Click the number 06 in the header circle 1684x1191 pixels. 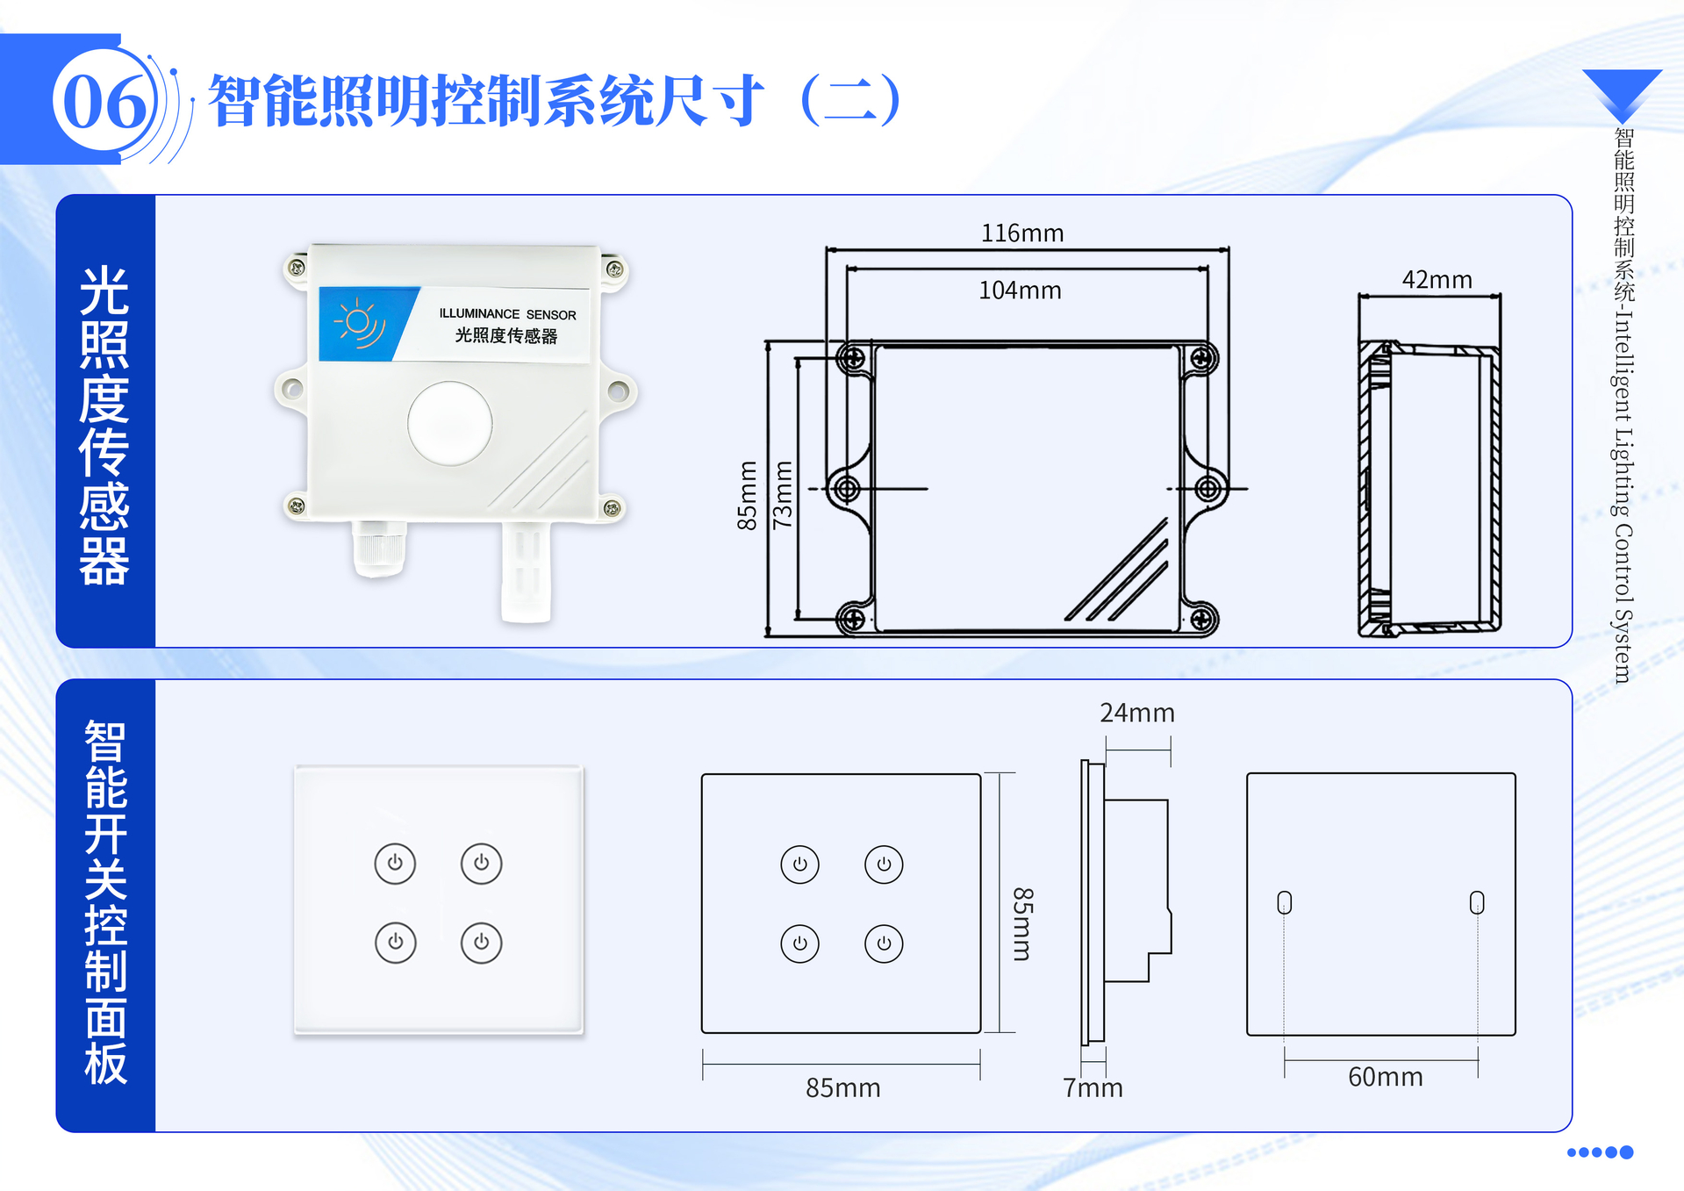(x=104, y=102)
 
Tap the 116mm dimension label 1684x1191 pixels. (x=1021, y=233)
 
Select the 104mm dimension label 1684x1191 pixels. (x=1020, y=291)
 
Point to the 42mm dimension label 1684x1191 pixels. (x=1437, y=280)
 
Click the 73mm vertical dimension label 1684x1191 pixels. (x=782, y=495)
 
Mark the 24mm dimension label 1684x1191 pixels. (x=1137, y=713)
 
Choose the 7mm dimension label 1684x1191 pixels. (x=1093, y=1088)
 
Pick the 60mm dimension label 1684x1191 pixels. (x=1385, y=1077)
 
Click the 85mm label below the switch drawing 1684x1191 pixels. (x=842, y=1088)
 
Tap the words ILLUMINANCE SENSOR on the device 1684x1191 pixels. (x=507, y=314)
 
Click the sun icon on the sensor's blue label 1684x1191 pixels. (x=358, y=323)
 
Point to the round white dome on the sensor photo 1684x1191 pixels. (x=450, y=423)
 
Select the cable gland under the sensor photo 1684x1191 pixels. (x=379, y=549)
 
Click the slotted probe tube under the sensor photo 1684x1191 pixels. (x=526, y=570)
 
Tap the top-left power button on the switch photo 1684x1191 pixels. (x=395, y=863)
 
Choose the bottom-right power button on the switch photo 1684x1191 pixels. (x=481, y=943)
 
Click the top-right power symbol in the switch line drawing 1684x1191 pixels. (x=884, y=865)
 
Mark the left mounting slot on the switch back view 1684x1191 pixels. (x=1285, y=902)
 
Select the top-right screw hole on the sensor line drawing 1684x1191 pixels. (x=1202, y=358)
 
